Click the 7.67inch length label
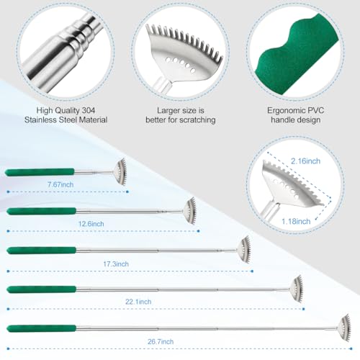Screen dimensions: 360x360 point(61,185)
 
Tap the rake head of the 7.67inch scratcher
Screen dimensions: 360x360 point(118,171)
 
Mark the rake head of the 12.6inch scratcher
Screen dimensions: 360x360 point(189,210)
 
